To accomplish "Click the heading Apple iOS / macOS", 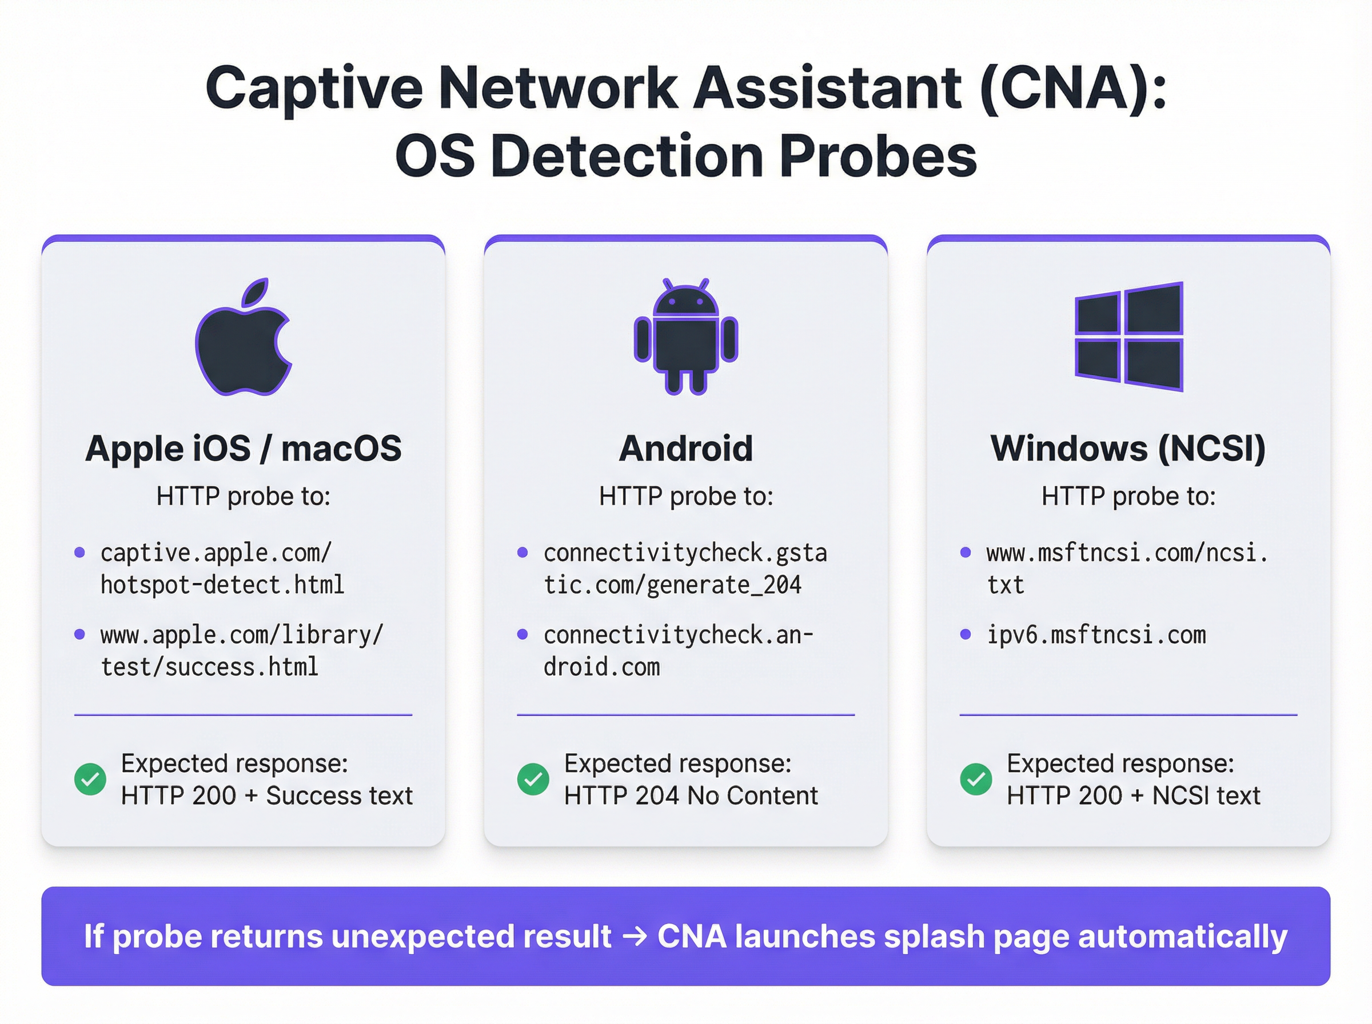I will pyautogui.click(x=243, y=448).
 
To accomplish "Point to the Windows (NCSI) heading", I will pyautogui.click(x=1128, y=448).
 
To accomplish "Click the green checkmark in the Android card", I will pyautogui.click(x=533, y=779).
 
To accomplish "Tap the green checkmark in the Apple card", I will pyautogui.click(x=90, y=779).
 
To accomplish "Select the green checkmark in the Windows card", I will pyautogui.click(x=975, y=779).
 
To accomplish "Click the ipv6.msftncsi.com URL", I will pyautogui.click(x=1096, y=635).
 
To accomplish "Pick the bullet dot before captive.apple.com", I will pyautogui.click(x=79, y=553).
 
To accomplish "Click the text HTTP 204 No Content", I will pyautogui.click(x=691, y=796).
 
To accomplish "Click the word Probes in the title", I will pyautogui.click(x=879, y=155).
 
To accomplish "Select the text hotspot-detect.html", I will pyautogui.click(x=222, y=585).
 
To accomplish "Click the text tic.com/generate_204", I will pyautogui.click(x=672, y=585).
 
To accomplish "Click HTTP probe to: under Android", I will pyautogui.click(x=685, y=496).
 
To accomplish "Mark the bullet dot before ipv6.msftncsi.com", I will pyautogui.click(x=966, y=634).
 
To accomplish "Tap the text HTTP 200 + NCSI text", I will pyautogui.click(x=1133, y=796).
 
